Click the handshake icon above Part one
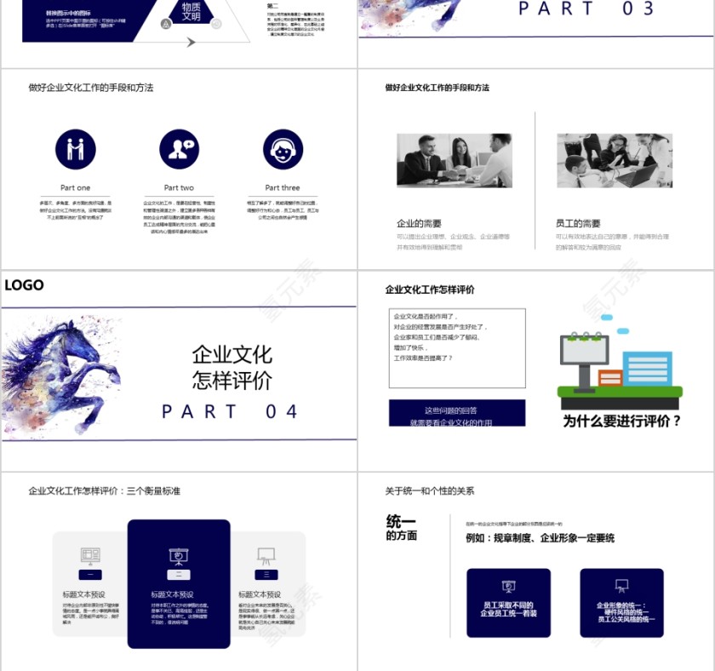(x=76, y=149)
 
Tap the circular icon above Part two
(x=179, y=149)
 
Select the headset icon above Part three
(x=283, y=149)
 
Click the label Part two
(x=179, y=187)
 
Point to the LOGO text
(x=24, y=285)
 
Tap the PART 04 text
(x=231, y=412)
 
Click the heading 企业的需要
(x=420, y=223)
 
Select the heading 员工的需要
(x=578, y=223)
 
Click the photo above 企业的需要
(x=454, y=160)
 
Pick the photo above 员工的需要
(x=614, y=160)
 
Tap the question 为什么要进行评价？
(x=621, y=421)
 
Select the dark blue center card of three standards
(x=179, y=583)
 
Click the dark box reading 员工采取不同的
(x=509, y=603)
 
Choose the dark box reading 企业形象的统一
(x=621, y=603)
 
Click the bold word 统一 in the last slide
(x=401, y=522)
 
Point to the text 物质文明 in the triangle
(x=191, y=12)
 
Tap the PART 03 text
(x=586, y=9)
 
